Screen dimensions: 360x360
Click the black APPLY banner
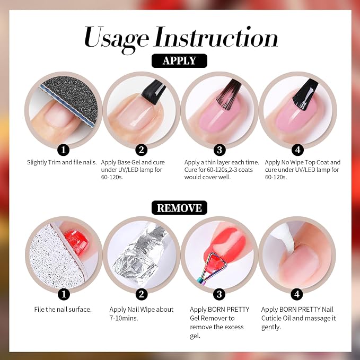pos(179,61)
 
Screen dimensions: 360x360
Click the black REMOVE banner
pos(179,208)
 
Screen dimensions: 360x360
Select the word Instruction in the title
pos(216,37)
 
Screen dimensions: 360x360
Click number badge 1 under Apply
pos(64,150)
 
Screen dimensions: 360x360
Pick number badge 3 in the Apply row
pos(219,150)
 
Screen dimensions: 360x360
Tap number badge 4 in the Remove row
pos(297,294)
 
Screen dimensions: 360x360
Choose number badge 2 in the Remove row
pos(142,294)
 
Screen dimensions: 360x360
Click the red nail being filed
pos(76,242)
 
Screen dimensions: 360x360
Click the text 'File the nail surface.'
pos(63,309)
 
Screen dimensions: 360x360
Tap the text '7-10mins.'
pos(124,318)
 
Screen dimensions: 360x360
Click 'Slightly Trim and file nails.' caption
pos(62,162)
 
